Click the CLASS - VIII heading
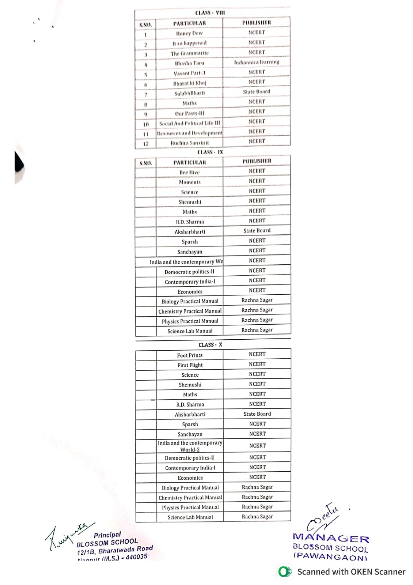click(x=210, y=13)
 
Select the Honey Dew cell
click(x=189, y=33)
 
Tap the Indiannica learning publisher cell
click(x=257, y=62)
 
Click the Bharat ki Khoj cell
click(x=189, y=83)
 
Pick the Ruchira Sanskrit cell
click(x=189, y=143)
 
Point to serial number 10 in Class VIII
click(x=146, y=124)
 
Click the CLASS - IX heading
click(x=210, y=152)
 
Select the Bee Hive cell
click(x=189, y=172)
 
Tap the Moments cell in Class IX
click(x=189, y=182)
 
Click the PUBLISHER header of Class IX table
click(x=257, y=161)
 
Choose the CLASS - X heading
click(x=210, y=345)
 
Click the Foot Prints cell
click(x=190, y=355)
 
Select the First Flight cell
click(x=190, y=365)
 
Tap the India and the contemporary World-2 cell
click(x=190, y=446)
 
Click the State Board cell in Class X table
click(x=257, y=414)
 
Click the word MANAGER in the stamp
click(x=331, y=538)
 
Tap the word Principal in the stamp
click(x=107, y=535)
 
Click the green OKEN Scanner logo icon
click(x=285, y=572)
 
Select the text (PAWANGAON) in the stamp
click(x=330, y=557)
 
